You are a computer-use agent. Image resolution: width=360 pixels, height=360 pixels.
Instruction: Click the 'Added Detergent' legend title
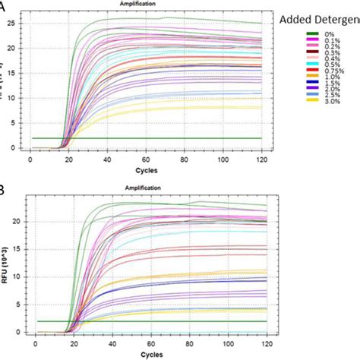click(318, 17)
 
